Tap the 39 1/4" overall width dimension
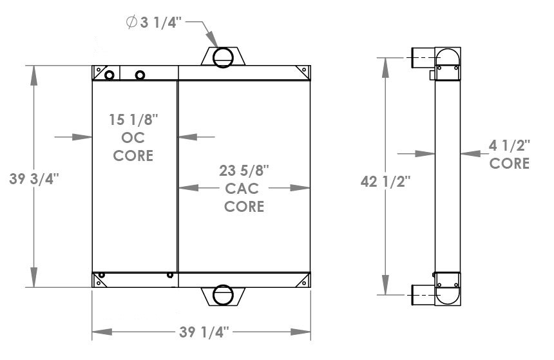202,332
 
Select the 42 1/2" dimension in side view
385,182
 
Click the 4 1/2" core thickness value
509,145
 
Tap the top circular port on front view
223,57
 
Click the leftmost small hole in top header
110,75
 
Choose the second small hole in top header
140,76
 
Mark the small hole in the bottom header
170,275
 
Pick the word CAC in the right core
244,189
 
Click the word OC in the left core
133,137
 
